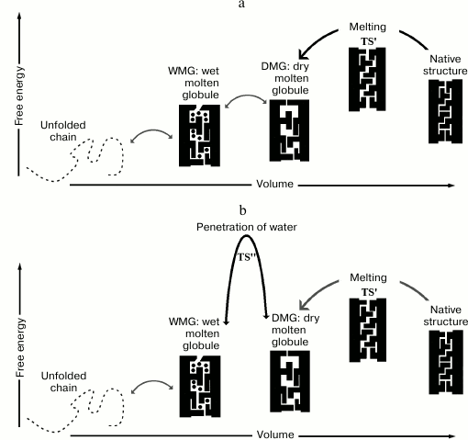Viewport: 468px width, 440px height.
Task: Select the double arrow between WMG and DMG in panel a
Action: (x=244, y=107)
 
